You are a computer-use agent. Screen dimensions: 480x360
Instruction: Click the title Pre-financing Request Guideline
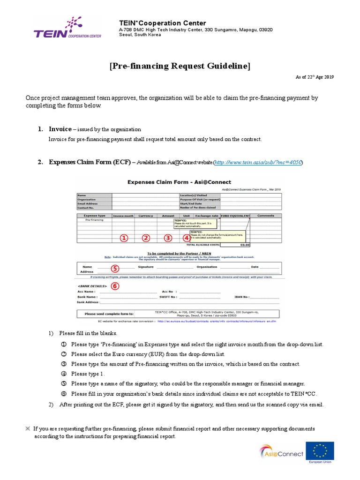tap(180, 66)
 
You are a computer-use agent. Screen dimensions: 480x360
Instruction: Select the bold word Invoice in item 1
tap(60, 129)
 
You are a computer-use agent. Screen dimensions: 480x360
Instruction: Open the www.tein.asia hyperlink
tap(258, 162)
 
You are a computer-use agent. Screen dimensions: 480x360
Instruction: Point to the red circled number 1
tap(124, 238)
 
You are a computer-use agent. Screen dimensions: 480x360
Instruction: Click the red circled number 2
tap(146, 238)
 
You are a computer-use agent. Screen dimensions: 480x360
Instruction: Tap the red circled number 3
tap(168, 238)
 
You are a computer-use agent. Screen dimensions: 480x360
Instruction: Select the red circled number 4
tap(187, 238)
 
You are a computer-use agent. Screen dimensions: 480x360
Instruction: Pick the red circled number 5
tap(115, 269)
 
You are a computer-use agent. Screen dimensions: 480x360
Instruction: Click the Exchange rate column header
tap(207, 216)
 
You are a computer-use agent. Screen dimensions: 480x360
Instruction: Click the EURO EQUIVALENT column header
tap(236, 216)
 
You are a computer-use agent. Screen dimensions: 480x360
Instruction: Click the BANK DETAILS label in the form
tap(92, 285)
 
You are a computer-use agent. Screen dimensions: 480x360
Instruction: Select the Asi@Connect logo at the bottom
tap(281, 453)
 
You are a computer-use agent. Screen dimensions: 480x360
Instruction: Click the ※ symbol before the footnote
tap(28, 428)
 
